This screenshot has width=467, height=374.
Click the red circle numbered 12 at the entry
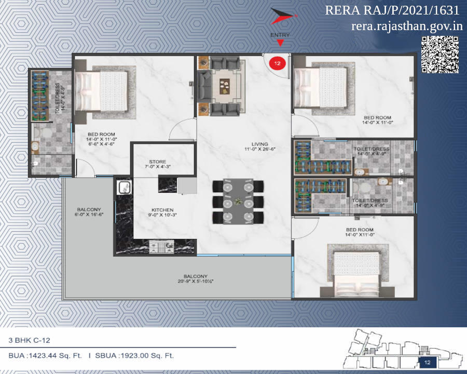(x=277, y=63)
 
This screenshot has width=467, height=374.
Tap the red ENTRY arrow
(x=281, y=43)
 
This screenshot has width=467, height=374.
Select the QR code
(x=439, y=55)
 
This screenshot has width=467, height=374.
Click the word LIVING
(x=259, y=144)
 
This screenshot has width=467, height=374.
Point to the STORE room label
(x=157, y=162)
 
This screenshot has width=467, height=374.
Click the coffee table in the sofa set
(x=225, y=85)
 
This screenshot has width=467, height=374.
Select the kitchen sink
(x=124, y=187)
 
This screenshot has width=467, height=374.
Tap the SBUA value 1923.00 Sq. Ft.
(x=146, y=356)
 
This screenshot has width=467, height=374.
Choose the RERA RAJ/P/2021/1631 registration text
(x=392, y=10)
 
